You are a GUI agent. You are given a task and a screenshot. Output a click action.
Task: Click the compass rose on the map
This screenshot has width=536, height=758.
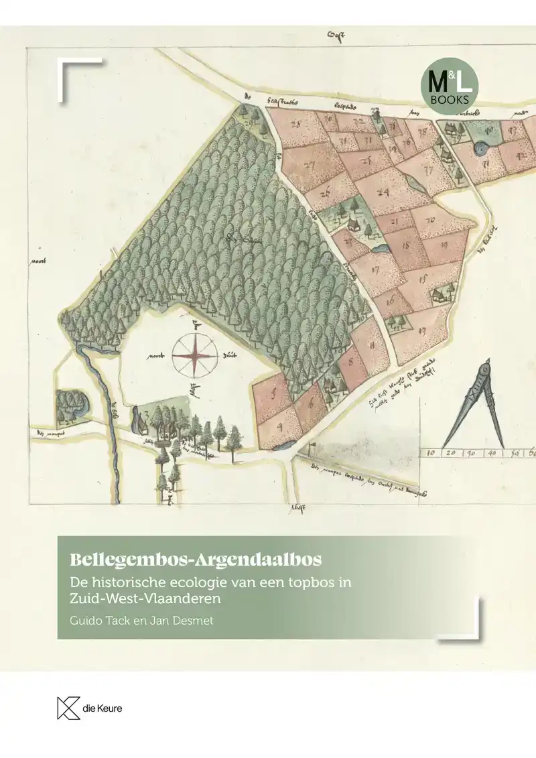point(194,355)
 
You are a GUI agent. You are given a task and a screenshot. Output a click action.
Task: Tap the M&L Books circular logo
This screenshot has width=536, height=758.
point(450,83)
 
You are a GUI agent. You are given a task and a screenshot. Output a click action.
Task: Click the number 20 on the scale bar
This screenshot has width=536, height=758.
point(450,453)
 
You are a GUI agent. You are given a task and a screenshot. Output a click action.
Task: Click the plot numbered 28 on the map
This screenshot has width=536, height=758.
point(295,125)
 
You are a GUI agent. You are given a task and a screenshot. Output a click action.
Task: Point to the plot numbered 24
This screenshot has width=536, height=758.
point(383,192)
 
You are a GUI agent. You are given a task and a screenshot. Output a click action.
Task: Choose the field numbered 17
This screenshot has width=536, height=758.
point(375,271)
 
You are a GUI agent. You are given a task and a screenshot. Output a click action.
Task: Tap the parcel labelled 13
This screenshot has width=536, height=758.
point(421,330)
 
